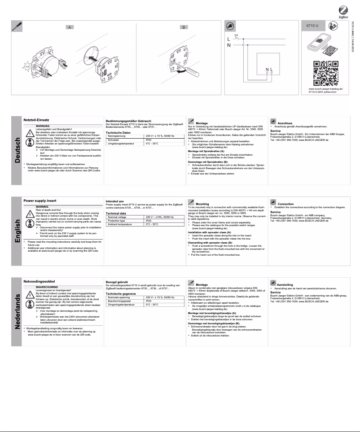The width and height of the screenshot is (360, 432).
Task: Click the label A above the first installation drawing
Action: pos(70,27)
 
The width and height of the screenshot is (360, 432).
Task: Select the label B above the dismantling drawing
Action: pos(183,27)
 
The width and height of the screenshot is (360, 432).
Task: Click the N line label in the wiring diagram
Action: pos(229,45)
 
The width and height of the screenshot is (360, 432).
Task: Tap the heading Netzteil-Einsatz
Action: pos(36,120)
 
